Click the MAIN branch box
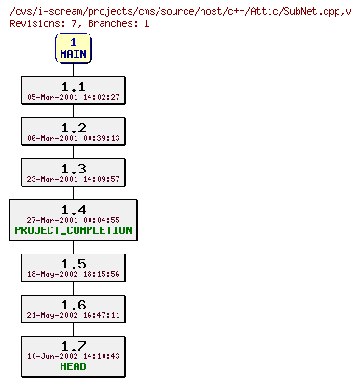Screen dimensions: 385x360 [x=73, y=48]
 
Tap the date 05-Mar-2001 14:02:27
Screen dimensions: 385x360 [x=73, y=96]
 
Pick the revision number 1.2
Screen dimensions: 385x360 [x=73, y=127]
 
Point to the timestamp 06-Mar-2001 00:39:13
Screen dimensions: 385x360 [x=73, y=138]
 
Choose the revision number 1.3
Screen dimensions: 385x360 [x=73, y=168]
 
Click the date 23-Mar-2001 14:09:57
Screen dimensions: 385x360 [x=73, y=179]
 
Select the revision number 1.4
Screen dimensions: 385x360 [x=73, y=209]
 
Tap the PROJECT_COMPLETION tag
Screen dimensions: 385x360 [x=73, y=230]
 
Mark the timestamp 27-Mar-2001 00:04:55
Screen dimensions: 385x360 [x=73, y=220]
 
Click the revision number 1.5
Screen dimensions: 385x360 [x=73, y=263]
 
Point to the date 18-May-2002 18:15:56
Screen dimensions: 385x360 [x=73, y=274]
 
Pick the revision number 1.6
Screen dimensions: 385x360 [x=73, y=304]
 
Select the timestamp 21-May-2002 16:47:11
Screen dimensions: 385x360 [x=73, y=315]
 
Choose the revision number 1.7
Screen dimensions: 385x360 [x=73, y=345]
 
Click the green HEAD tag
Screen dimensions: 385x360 [x=73, y=366]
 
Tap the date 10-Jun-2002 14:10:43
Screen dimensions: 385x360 [x=73, y=356]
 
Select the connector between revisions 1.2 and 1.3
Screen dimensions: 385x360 [x=73, y=152]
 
